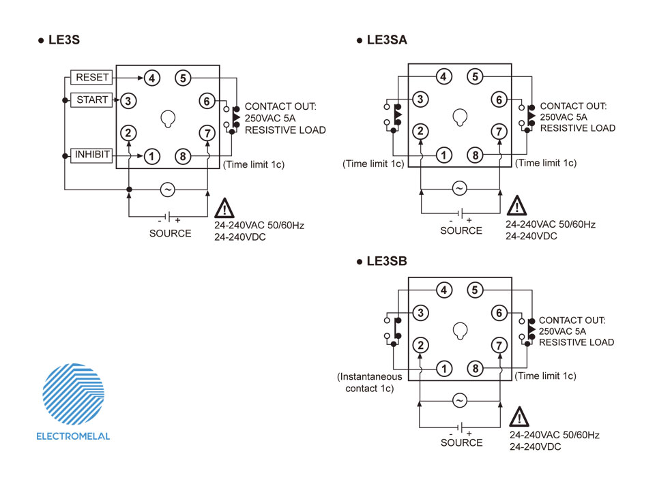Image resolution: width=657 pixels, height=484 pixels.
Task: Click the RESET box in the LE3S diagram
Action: point(91,78)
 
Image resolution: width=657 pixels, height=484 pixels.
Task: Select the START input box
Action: point(91,100)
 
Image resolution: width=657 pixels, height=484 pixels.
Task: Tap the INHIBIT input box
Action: point(91,155)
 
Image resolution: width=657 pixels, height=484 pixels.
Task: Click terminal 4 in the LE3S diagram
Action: point(151,78)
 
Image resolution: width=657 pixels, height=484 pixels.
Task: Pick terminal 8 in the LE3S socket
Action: point(183,156)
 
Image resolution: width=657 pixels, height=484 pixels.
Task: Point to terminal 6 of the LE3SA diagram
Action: point(499,100)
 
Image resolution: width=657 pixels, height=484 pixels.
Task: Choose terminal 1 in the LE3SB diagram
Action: point(443,368)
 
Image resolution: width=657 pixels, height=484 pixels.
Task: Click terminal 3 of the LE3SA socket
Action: point(420,100)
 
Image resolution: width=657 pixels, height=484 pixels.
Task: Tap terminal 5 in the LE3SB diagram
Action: point(475,290)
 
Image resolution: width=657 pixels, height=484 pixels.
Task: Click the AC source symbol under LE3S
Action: point(168,190)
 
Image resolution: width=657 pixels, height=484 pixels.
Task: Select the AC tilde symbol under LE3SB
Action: point(460,401)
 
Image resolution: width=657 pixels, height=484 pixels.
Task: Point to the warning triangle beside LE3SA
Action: point(516,206)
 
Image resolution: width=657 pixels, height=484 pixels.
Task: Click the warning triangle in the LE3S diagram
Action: point(224,208)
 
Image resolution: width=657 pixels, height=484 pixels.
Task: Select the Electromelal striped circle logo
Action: point(73,394)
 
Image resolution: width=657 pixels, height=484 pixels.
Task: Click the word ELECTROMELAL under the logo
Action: point(73,436)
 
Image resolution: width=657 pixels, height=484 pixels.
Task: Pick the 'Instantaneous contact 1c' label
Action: point(370,382)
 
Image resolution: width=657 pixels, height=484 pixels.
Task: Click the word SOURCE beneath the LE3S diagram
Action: point(170,233)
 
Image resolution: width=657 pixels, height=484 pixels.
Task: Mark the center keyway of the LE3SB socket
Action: point(460,331)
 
